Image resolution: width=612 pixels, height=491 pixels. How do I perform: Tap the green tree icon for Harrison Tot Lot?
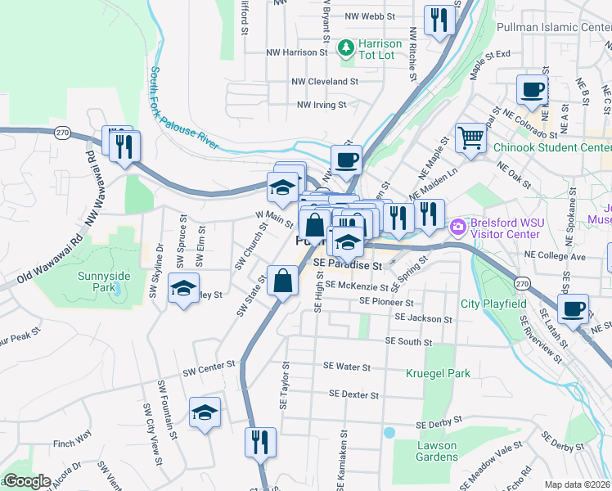346,48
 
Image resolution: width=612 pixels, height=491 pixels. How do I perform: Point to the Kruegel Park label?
438,373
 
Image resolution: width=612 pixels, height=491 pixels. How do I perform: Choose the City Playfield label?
493,304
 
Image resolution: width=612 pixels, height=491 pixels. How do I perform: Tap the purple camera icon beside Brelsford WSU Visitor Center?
457,225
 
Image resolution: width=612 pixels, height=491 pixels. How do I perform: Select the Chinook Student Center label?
552,148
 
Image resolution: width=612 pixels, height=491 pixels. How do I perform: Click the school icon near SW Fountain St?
205,413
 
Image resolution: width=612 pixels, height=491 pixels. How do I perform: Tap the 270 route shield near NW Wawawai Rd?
61,133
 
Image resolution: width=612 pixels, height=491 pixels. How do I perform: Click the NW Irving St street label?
322,105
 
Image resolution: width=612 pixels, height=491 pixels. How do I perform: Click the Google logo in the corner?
26,481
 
